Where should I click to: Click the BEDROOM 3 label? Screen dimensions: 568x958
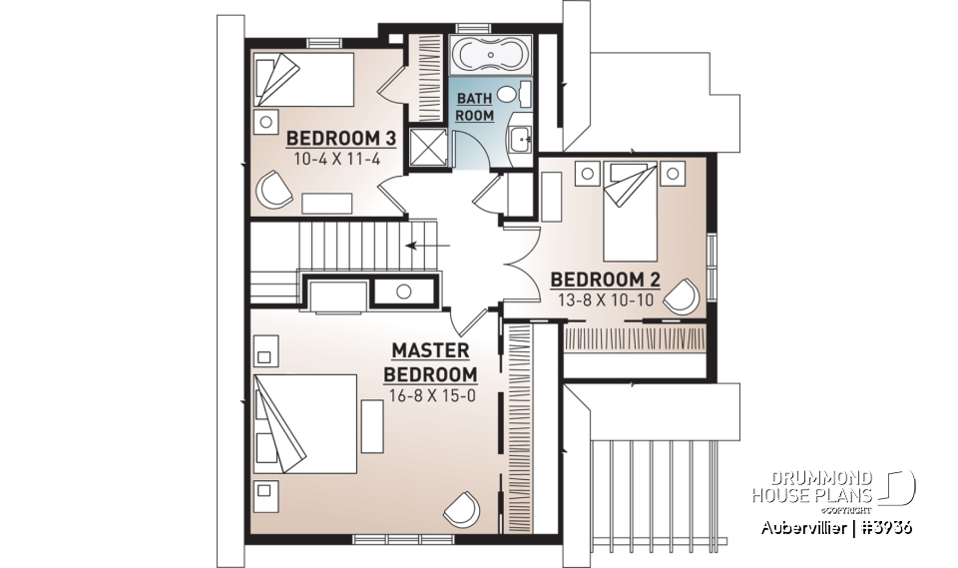(340, 138)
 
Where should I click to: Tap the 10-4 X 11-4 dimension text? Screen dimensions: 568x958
(340, 158)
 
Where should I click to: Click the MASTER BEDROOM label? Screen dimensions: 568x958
(430, 362)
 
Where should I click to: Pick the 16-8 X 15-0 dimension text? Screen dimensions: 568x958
(430, 394)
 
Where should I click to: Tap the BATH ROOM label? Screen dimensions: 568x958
(475, 108)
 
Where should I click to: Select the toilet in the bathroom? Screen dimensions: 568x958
(510, 96)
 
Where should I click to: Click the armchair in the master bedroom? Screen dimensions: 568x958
(461, 510)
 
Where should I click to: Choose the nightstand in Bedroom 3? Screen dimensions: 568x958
(265, 122)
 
